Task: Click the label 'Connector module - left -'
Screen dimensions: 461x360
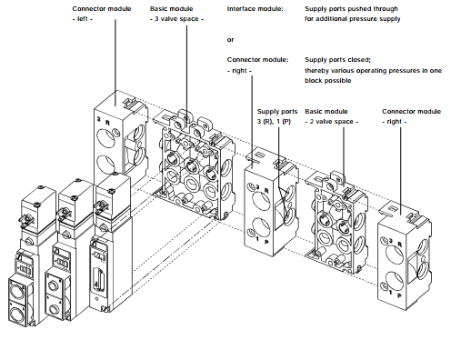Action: click(x=102, y=14)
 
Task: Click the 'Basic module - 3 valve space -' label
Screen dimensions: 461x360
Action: click(x=176, y=14)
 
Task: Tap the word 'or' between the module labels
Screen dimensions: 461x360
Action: click(x=230, y=40)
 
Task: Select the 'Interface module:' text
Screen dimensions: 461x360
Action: click(x=255, y=9)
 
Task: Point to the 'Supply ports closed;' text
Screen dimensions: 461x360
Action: click(x=337, y=60)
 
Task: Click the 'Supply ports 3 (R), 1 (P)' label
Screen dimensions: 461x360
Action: click(x=277, y=116)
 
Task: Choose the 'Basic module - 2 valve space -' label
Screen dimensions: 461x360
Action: click(x=332, y=116)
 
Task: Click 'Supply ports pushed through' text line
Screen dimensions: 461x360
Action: click(x=351, y=9)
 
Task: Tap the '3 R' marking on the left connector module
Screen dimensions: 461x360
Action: click(x=104, y=121)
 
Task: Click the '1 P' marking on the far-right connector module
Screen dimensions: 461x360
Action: click(x=396, y=294)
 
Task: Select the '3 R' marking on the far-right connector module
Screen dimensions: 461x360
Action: click(x=396, y=243)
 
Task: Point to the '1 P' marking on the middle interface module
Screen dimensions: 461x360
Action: click(x=263, y=241)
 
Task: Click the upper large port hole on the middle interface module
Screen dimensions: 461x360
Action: click(x=261, y=201)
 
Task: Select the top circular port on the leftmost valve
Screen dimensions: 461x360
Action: click(x=17, y=290)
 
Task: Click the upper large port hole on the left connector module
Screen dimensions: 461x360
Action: click(x=105, y=138)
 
